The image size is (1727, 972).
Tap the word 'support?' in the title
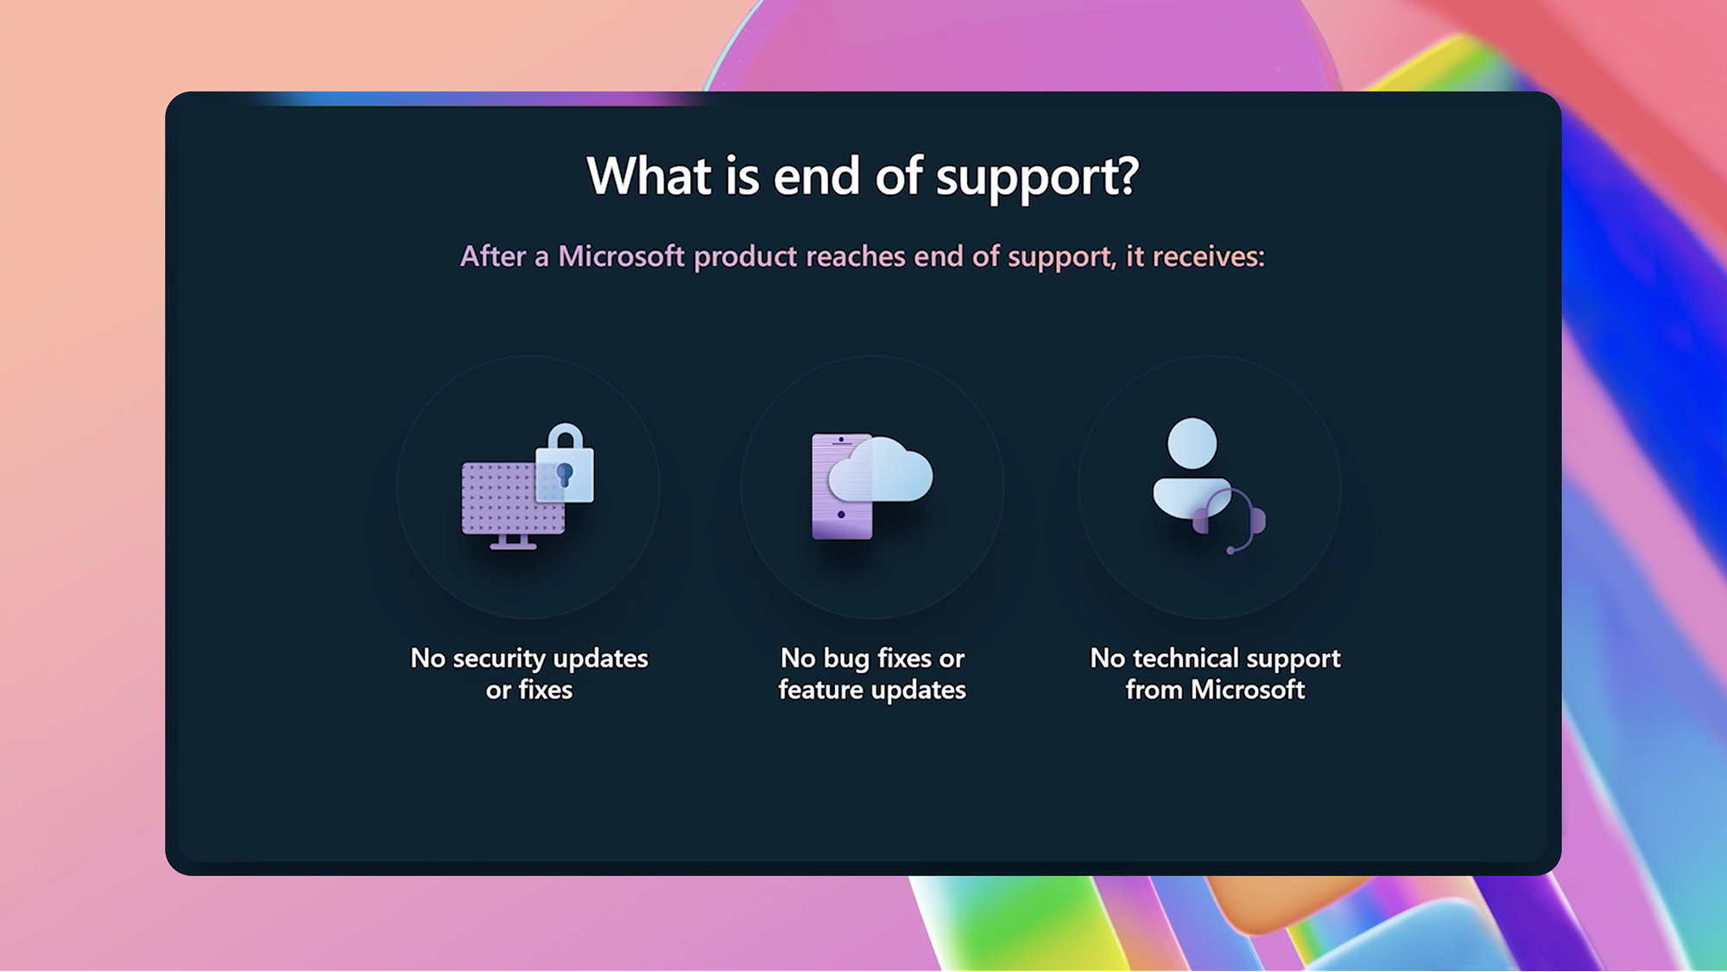1037,180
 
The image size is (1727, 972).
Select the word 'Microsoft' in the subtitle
621,256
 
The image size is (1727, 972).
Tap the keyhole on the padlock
565,474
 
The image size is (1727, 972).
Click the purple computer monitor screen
513,498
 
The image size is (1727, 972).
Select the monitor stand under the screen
513,542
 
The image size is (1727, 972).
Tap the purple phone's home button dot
841,514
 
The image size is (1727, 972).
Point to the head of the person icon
1192,444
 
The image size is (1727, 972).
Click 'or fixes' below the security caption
529,690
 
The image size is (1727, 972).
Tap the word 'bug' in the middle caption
846,659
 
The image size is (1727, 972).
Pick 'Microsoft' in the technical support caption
1248,690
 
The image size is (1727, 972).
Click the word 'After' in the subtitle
493,256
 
